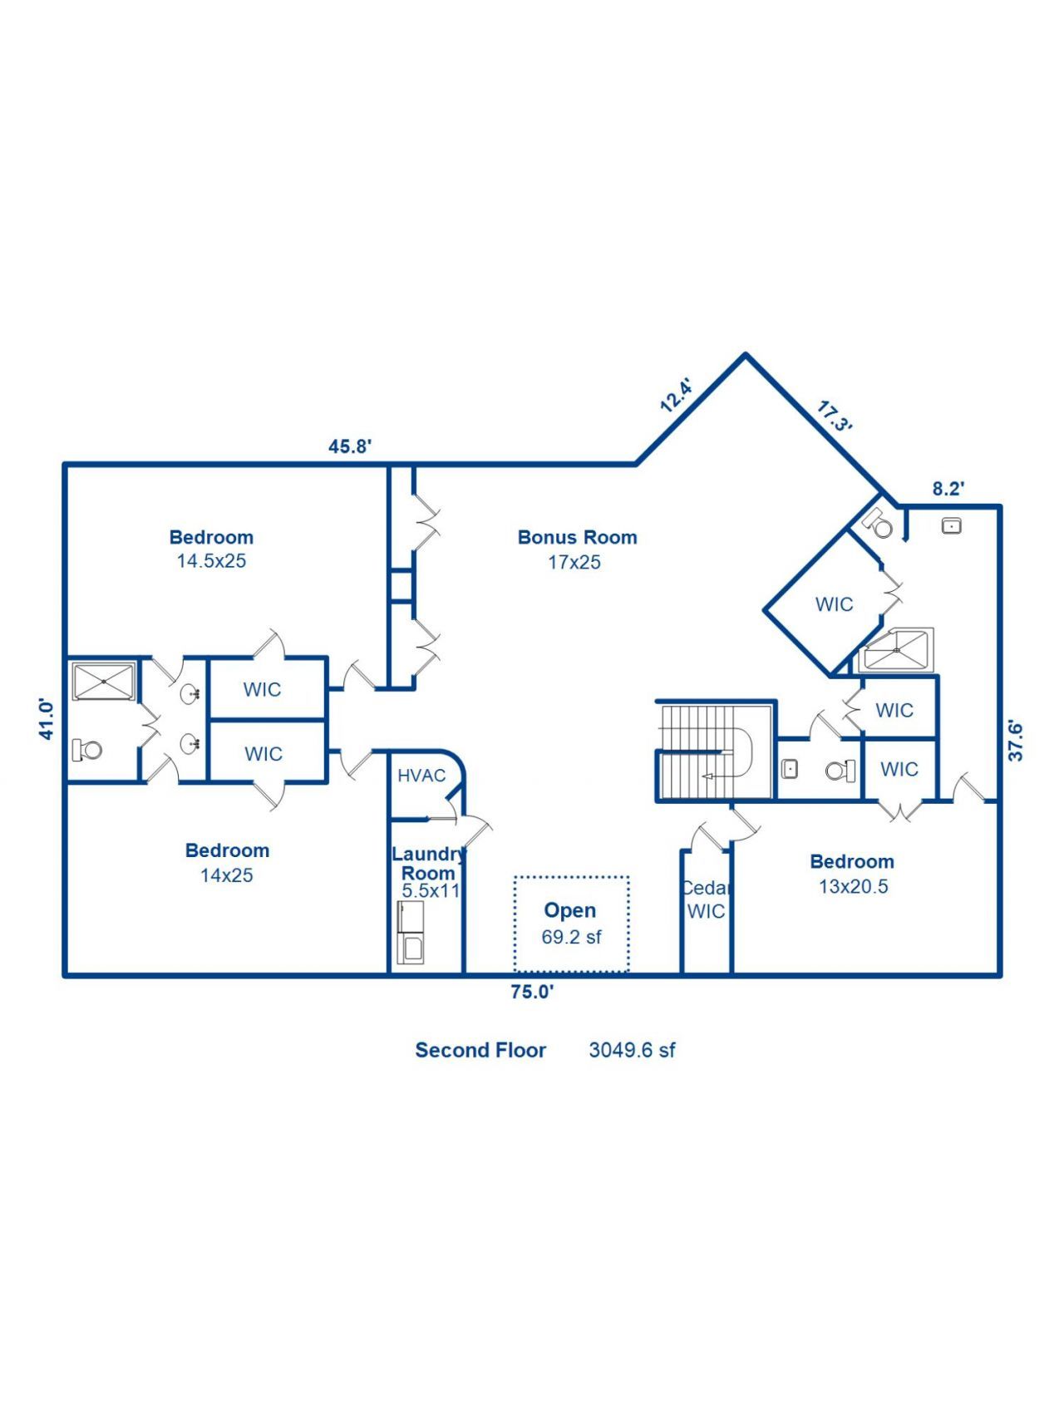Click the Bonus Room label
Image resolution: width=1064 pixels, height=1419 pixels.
[x=577, y=537]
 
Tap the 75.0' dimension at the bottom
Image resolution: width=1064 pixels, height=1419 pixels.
[x=532, y=992]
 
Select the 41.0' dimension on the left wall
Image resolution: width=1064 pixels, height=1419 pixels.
[x=47, y=720]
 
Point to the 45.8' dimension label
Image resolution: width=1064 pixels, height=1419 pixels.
[x=349, y=446]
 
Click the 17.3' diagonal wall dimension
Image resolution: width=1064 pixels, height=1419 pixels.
[x=835, y=416]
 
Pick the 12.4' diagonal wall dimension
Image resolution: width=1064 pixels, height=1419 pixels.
[x=676, y=396]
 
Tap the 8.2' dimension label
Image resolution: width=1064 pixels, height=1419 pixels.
[x=948, y=489]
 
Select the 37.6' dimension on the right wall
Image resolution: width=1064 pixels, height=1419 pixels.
[x=1015, y=741]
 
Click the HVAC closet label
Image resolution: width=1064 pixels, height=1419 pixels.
[x=421, y=776]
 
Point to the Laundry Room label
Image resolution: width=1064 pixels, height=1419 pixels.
[x=428, y=863]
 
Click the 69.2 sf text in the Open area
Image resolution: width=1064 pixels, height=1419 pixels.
[x=571, y=937]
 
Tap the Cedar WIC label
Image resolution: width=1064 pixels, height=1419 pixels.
[x=706, y=899]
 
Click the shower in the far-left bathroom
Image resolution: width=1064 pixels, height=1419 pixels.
[x=104, y=681]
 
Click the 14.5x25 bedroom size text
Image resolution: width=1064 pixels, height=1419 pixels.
[x=211, y=561]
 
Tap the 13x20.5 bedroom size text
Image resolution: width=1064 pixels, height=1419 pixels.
[x=853, y=887]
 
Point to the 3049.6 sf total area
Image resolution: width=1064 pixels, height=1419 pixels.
[x=632, y=1050]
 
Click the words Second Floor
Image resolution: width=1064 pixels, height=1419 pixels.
[x=480, y=1050]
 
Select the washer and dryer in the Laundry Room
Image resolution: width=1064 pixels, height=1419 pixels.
[x=410, y=933]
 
